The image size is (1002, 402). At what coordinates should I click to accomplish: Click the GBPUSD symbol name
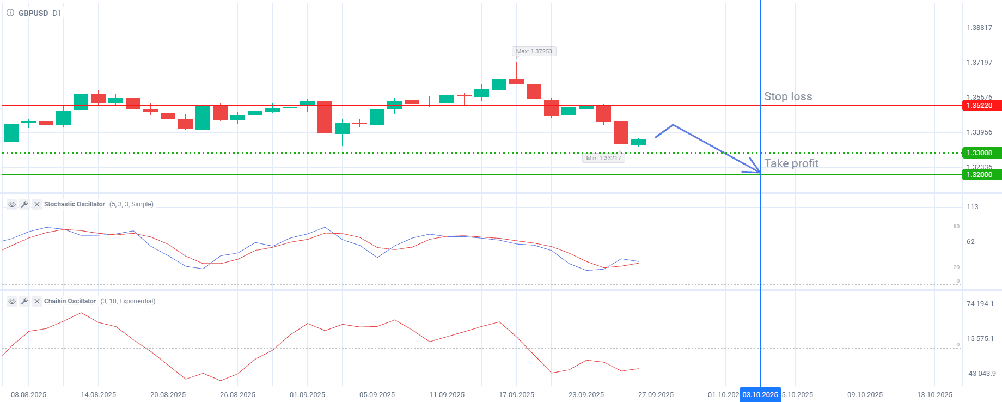click(x=33, y=13)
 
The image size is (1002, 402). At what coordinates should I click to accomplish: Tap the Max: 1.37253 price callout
click(x=534, y=51)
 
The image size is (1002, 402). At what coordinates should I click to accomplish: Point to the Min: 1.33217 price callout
click(x=603, y=158)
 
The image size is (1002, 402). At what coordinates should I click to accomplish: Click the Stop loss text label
click(x=788, y=96)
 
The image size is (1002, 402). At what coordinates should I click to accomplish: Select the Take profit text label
click(x=791, y=163)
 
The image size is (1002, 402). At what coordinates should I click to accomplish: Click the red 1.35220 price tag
click(x=981, y=106)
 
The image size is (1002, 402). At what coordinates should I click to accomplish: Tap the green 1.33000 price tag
click(x=981, y=153)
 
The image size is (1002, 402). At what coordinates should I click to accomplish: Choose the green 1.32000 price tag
click(x=981, y=175)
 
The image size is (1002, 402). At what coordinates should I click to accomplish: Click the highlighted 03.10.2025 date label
click(x=760, y=395)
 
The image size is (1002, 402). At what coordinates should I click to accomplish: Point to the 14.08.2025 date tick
click(x=99, y=395)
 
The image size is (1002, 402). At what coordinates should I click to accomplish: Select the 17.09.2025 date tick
click(x=516, y=395)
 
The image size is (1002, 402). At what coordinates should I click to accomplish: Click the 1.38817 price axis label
click(x=979, y=28)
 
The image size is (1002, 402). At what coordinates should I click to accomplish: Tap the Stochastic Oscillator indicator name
click(x=75, y=204)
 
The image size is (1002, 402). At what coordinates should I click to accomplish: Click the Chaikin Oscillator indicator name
click(x=70, y=301)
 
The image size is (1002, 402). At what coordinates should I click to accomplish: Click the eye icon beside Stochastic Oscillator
click(x=12, y=204)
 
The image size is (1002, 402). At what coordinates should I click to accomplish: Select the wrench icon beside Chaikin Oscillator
click(x=25, y=301)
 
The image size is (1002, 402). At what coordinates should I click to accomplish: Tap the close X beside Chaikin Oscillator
click(x=37, y=301)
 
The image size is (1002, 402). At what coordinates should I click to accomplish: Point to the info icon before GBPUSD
click(x=10, y=13)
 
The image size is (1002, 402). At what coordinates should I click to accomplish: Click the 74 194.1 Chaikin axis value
click(x=980, y=304)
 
